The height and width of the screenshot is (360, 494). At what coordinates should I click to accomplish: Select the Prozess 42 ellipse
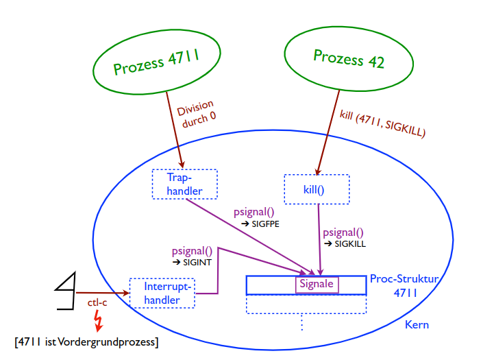click(349, 58)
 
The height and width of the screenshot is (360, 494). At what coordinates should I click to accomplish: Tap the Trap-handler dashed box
click(184, 184)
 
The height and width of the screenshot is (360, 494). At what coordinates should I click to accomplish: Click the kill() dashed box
click(317, 189)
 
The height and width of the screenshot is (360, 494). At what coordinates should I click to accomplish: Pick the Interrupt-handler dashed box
click(162, 293)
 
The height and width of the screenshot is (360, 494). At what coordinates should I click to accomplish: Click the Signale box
click(317, 284)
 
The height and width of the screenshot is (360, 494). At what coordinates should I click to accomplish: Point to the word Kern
click(417, 324)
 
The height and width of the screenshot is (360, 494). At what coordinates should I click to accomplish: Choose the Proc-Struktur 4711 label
click(403, 286)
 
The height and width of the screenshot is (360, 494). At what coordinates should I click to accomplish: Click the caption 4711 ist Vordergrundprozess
click(86, 341)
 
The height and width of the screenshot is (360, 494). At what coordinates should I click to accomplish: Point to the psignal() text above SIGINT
click(192, 251)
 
